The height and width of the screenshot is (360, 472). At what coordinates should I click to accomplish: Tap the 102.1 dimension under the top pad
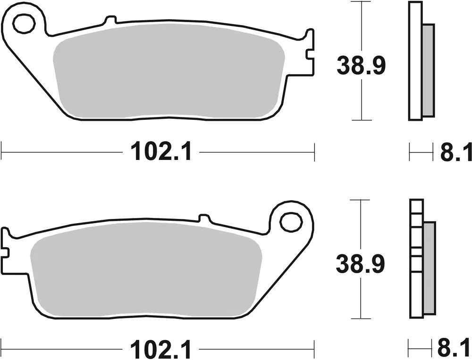(x=161, y=152)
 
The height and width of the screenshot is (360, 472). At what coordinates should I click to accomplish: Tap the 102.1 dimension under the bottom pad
(x=161, y=350)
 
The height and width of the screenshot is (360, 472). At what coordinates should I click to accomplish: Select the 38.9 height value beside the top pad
(x=361, y=66)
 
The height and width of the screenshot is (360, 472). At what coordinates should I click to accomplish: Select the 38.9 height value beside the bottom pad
(x=361, y=264)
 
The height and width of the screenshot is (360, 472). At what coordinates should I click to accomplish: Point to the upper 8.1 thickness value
(x=455, y=153)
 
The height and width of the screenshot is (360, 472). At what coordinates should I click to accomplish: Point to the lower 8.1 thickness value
(x=455, y=350)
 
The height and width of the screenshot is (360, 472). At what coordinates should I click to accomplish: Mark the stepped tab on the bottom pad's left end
(x=6, y=243)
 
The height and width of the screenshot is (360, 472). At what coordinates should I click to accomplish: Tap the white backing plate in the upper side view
(x=415, y=61)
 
